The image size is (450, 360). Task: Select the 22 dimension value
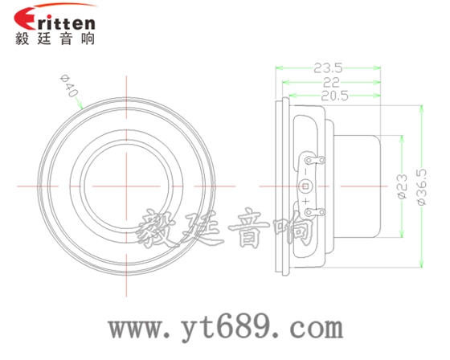click(329, 83)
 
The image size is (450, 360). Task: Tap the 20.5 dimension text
click(331, 96)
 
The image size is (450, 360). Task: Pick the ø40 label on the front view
click(68, 87)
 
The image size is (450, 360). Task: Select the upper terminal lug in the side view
click(313, 162)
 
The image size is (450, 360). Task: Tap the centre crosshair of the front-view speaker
click(128, 186)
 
